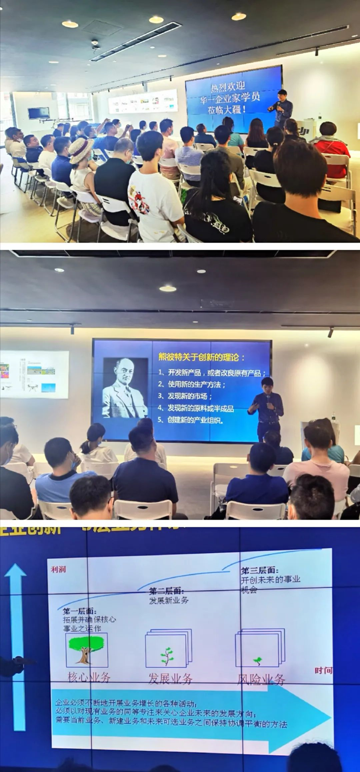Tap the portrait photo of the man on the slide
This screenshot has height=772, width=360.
click(125, 388)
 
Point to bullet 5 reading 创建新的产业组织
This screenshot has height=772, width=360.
click(192, 420)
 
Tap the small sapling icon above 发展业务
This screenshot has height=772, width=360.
click(167, 655)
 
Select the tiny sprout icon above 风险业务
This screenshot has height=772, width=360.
click(258, 660)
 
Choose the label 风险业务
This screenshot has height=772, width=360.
click(261, 680)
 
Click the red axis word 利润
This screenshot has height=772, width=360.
click(58, 569)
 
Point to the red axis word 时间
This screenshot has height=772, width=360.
click(323, 670)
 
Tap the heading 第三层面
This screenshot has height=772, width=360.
click(260, 570)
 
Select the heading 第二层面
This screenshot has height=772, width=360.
click(166, 591)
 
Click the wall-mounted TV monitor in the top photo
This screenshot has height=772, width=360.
click(39, 113)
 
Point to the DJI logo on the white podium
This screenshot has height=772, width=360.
click(303, 131)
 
